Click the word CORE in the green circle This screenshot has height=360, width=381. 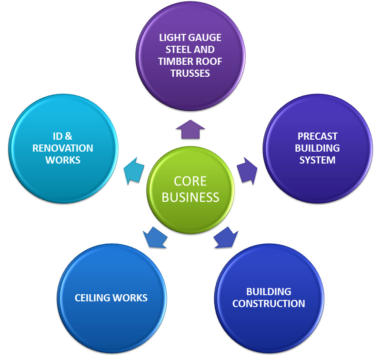[x=190, y=181]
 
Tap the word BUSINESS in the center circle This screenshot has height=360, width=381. [x=190, y=196]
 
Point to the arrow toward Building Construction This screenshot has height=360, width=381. [x=225, y=237]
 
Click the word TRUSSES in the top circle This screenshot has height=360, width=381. [x=190, y=73]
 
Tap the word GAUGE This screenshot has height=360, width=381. [x=206, y=38]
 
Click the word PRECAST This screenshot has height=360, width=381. [x=317, y=136]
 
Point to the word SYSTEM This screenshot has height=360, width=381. [x=317, y=160]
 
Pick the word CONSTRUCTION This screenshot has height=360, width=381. [x=269, y=303]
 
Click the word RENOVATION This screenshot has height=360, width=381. [x=63, y=148]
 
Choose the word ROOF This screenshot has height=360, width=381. [x=209, y=62]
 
